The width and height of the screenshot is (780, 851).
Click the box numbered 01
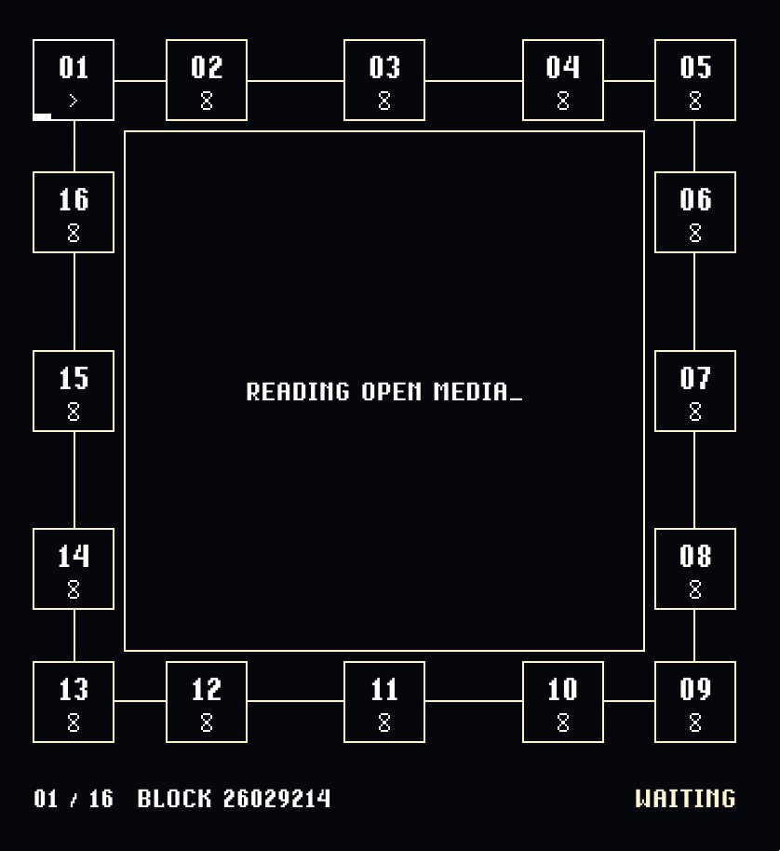pyautogui.click(x=74, y=80)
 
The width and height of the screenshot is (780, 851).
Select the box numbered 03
pyautogui.click(x=384, y=80)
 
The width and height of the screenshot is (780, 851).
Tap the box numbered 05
pyautogui.click(x=695, y=80)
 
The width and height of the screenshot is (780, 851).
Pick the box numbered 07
pyautogui.click(x=695, y=391)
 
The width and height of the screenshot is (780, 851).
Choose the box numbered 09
pyautogui.click(x=695, y=702)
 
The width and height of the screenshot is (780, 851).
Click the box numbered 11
pyautogui.click(x=384, y=702)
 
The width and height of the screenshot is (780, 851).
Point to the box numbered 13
pyautogui.click(x=74, y=702)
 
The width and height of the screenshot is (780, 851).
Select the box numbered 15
pyautogui.click(x=74, y=391)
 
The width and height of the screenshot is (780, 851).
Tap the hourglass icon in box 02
pyautogui.click(x=206, y=101)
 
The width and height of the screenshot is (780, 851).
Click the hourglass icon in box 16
pyautogui.click(x=74, y=233)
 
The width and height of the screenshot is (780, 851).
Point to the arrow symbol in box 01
pyautogui.click(x=74, y=101)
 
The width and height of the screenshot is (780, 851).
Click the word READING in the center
pyautogui.click(x=298, y=391)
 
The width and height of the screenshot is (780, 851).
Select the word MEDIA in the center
pyautogui.click(x=471, y=391)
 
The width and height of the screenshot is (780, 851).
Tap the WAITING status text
pyautogui.click(x=685, y=798)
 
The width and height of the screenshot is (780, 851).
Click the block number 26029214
pyautogui.click(x=276, y=798)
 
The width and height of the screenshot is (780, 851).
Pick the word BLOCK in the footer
pyautogui.click(x=173, y=798)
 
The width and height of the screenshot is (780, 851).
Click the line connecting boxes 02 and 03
pyautogui.click(x=295, y=80)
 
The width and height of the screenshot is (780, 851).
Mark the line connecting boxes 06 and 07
pyautogui.click(x=694, y=302)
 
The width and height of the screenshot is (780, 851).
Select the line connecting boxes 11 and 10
pyautogui.click(x=474, y=701)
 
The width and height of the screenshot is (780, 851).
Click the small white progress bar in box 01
pyautogui.click(x=42, y=116)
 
